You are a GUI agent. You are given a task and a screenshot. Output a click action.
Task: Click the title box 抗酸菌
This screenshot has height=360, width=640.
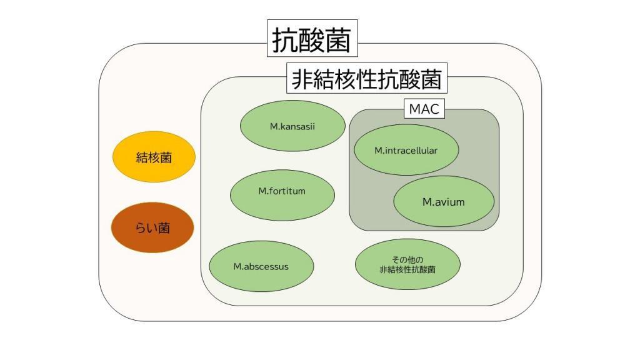point(312,39)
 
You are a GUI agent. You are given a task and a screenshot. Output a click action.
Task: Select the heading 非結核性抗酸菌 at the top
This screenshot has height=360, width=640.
point(366,79)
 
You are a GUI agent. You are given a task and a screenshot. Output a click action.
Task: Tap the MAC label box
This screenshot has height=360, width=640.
point(424,109)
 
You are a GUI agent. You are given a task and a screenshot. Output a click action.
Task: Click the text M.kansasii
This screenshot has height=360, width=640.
point(292,126)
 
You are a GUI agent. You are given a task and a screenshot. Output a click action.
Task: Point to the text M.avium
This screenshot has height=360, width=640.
point(444,202)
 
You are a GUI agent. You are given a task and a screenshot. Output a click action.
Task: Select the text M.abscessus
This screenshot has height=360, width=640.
point(261,266)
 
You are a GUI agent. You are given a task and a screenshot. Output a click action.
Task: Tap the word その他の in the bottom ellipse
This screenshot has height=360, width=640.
point(407,259)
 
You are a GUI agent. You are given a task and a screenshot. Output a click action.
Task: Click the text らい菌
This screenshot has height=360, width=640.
point(152,228)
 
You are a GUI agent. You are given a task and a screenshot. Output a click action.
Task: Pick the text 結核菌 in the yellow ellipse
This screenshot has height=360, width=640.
point(154,158)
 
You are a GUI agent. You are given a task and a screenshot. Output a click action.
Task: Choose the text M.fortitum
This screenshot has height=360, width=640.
point(282,191)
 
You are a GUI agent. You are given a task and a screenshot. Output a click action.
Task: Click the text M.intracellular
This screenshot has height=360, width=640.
point(406,151)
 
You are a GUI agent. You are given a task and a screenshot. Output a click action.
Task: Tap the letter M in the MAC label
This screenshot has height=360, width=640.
point(414,109)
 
